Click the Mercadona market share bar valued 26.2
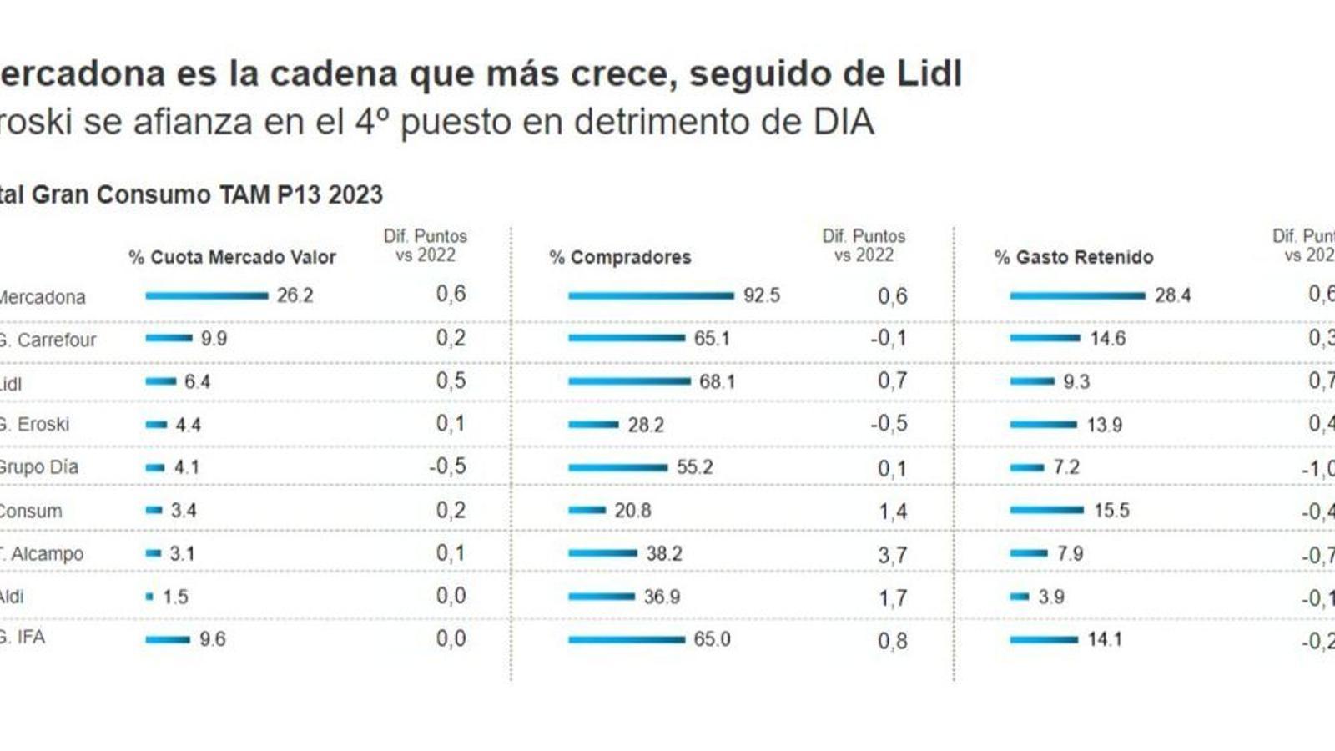click(206, 295)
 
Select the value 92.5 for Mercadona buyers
click(762, 295)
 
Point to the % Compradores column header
click(620, 257)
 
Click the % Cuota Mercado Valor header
click(232, 257)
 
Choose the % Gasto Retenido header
click(1074, 257)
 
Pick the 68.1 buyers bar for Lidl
click(629, 381)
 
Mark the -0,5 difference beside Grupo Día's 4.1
click(448, 466)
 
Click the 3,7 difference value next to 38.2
click(892, 554)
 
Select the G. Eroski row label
click(34, 424)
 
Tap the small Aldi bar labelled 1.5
click(150, 597)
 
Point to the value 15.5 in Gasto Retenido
click(1111, 510)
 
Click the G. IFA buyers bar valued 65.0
click(626, 640)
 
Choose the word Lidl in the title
click(929, 73)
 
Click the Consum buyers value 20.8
click(632, 510)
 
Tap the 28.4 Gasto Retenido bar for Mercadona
click(1077, 295)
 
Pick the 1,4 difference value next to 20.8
click(892, 511)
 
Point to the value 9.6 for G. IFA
click(212, 639)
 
